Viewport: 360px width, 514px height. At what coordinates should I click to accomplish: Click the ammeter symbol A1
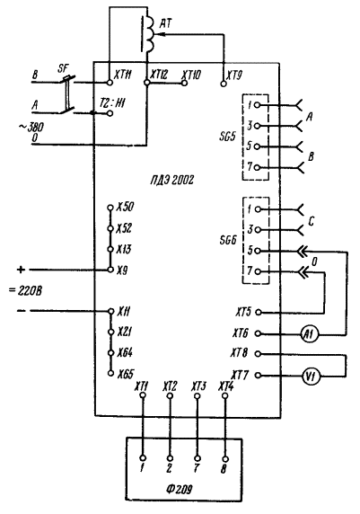(309, 334)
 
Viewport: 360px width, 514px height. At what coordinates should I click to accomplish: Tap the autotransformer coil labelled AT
(150, 34)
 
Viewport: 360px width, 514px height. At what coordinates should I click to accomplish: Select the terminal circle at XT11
(110, 83)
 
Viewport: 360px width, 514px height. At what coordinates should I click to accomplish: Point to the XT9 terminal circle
(224, 84)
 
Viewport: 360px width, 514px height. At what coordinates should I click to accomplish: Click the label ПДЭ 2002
(172, 180)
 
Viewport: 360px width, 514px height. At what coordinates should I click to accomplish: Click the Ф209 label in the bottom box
(179, 489)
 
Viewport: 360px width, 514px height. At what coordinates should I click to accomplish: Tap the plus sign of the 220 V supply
(21, 270)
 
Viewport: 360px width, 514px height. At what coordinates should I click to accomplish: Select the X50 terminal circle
(110, 208)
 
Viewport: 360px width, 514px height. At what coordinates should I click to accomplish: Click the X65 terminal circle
(111, 373)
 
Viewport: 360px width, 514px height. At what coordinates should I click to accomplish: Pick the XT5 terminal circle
(259, 312)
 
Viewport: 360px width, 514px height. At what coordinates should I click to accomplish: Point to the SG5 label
(227, 136)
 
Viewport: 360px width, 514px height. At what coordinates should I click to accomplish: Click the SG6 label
(228, 240)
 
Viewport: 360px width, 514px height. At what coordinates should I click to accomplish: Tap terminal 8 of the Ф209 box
(225, 459)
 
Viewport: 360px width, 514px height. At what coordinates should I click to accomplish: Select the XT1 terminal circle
(143, 395)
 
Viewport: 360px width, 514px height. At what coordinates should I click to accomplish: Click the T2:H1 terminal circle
(110, 113)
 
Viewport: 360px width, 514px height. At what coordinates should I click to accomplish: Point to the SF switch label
(63, 68)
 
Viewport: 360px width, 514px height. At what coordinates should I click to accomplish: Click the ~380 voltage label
(31, 127)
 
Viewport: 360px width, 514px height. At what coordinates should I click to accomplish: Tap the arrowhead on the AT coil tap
(160, 34)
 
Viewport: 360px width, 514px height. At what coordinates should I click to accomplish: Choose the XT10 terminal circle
(184, 84)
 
